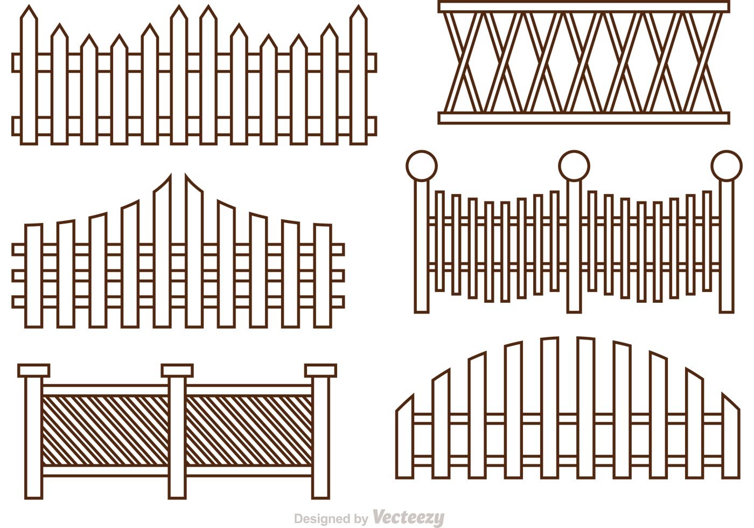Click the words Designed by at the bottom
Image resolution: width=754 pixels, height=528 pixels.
coord(331,518)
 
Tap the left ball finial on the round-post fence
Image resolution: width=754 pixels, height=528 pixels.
coord(421,166)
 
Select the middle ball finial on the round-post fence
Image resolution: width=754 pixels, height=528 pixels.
coord(574,166)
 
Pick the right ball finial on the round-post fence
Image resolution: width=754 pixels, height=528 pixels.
coord(727,166)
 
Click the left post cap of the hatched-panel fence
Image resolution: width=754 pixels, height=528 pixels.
coord(33,371)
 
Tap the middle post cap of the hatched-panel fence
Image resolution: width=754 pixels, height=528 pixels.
coord(177,371)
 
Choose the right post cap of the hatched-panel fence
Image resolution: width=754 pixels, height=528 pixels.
coord(320,371)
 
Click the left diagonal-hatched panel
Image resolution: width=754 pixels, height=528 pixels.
coord(105,431)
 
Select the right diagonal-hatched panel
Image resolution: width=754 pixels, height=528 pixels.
coord(249,431)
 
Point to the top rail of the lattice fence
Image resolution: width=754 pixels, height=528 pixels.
coord(584,6)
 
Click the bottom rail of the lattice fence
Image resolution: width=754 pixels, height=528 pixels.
coord(584,118)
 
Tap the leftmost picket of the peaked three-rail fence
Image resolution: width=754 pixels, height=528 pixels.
coord(33,275)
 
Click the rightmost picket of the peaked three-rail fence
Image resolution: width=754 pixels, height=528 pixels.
coord(323,275)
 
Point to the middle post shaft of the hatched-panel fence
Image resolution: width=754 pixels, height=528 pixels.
coord(177,437)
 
